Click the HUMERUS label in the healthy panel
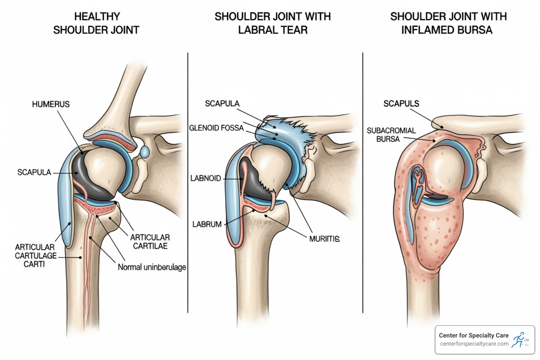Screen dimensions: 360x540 pos(51,104)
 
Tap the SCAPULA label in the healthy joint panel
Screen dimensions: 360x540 pos(34,172)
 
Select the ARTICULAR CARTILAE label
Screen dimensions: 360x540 pos(150,242)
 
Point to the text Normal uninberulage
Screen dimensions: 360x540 pos(152,267)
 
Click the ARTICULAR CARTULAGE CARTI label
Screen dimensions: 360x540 pos(35,256)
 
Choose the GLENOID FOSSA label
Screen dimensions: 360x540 pos(216,128)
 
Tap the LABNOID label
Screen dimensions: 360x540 pos(205,178)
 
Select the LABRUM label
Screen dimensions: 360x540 pos(207,224)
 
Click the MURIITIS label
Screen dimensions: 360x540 pos(324,239)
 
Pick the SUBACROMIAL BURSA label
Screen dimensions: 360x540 pos(391,135)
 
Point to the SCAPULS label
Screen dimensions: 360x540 pos(401,104)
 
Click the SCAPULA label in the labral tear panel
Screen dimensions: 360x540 pos(222,104)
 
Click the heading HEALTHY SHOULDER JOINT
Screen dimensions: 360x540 pos(96,23)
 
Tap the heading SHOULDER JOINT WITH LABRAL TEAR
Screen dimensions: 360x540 pos(272,23)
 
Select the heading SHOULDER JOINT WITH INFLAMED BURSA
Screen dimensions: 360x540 pos(448,23)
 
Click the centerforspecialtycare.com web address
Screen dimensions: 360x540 pos(474,344)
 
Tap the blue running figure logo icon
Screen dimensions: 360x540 pos(518,340)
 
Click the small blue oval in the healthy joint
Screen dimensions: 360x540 pos(144,152)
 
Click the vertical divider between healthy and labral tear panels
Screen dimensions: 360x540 pos(188,183)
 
